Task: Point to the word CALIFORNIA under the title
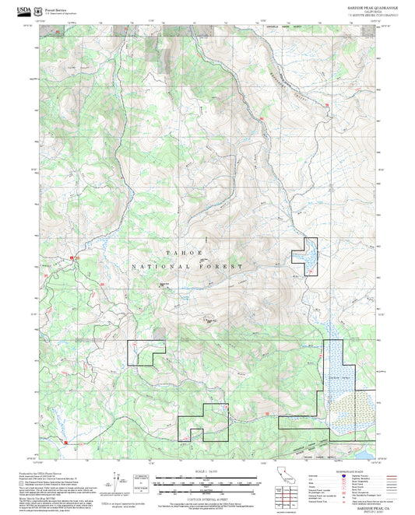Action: (372, 11)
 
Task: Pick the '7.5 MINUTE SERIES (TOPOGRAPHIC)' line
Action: (371, 15)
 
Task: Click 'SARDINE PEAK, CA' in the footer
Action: (377, 505)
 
